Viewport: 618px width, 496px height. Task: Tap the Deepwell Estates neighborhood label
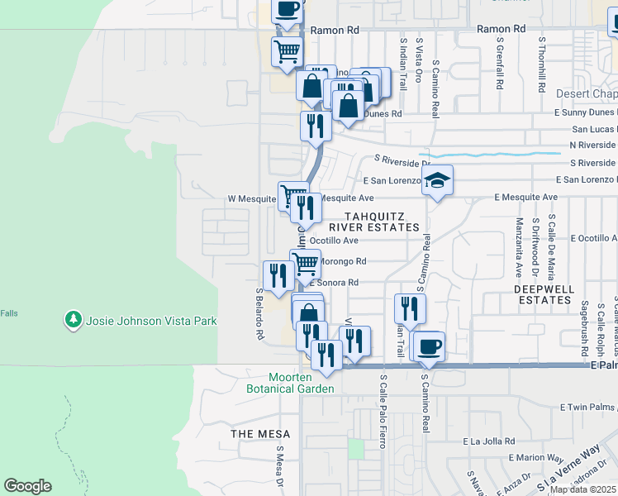point(542,294)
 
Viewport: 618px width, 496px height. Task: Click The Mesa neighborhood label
point(260,434)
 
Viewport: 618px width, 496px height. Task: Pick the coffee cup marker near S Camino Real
point(428,346)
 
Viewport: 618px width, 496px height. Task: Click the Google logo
point(27,486)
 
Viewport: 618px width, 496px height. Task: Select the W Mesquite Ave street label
point(254,198)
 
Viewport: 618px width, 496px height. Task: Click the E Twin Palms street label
point(588,408)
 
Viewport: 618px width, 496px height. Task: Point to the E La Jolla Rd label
point(489,441)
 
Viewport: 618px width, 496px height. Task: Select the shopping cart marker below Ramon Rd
point(287,51)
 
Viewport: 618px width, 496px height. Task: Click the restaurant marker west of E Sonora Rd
point(277,275)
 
